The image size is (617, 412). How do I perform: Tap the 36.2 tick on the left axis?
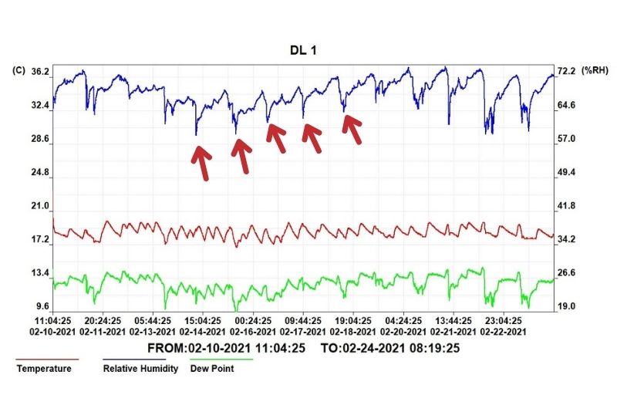[x=39, y=72]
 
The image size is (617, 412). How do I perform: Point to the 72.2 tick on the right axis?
[x=568, y=71]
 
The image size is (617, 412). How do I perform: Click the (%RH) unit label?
[x=596, y=71]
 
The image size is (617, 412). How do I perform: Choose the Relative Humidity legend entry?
[x=140, y=369]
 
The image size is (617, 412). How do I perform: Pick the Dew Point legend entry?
[x=213, y=369]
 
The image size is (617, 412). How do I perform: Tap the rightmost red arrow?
[x=352, y=129]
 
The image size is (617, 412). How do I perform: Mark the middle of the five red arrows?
[x=276, y=137]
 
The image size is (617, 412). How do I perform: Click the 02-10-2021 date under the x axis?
[x=52, y=331]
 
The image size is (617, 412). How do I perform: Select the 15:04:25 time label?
[x=203, y=320]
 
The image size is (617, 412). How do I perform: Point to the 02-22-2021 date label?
[x=504, y=331]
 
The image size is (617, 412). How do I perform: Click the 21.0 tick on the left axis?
[x=40, y=206]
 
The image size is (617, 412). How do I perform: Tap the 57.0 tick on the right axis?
[x=568, y=139]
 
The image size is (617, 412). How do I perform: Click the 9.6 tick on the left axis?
[x=42, y=306]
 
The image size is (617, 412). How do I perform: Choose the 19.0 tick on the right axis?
[x=568, y=306]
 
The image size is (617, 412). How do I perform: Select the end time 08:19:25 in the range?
[x=434, y=348]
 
